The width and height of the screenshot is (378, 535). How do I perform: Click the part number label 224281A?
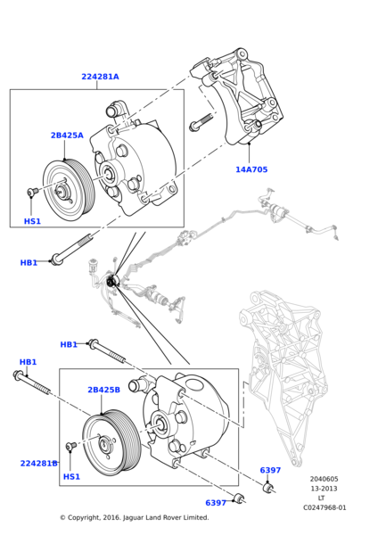click(x=100, y=77)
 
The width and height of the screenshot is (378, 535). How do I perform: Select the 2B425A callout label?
click(x=67, y=136)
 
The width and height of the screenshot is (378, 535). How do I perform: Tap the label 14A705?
click(x=251, y=169)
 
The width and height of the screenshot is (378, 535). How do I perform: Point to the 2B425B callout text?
click(x=103, y=390)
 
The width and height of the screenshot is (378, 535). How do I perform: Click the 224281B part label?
click(x=38, y=464)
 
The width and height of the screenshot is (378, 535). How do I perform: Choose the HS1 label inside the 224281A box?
click(x=32, y=221)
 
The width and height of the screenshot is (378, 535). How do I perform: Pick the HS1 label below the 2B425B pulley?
click(x=71, y=477)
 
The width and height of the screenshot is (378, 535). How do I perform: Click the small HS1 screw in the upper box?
click(x=33, y=192)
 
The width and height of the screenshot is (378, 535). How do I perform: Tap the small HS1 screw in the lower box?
click(x=71, y=447)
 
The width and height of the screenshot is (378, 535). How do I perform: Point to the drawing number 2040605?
click(x=324, y=479)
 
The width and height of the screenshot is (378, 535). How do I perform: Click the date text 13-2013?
click(x=324, y=489)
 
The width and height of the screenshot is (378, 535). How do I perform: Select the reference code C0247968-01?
click(x=324, y=507)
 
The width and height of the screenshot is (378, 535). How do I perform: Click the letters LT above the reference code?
click(x=322, y=498)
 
